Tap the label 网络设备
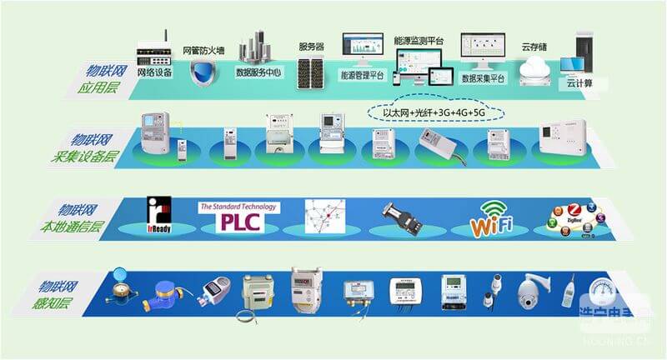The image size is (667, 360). pos(155,72)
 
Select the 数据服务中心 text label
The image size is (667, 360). pos(258,72)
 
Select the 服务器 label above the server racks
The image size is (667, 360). pos(310,47)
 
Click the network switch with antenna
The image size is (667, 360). pos(155,52)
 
